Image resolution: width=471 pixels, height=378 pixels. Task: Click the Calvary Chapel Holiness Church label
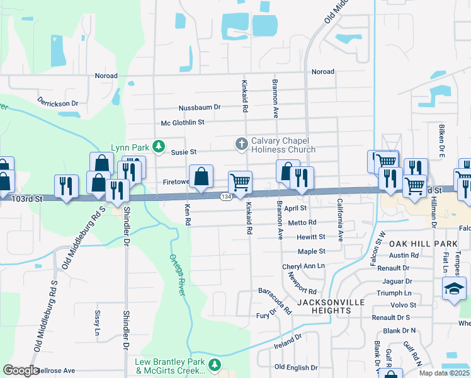pyautogui.click(x=283, y=145)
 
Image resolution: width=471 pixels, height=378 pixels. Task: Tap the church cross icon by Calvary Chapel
pyautogui.click(x=241, y=144)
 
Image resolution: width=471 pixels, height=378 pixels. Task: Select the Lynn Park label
pyautogui.click(x=130, y=147)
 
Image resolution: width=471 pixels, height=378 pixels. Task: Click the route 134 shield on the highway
pyautogui.click(x=226, y=197)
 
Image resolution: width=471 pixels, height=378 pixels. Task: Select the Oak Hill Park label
pyautogui.click(x=423, y=243)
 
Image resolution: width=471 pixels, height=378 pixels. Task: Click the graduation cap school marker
pyautogui.click(x=453, y=289)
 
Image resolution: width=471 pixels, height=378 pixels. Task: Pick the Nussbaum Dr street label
pyautogui.click(x=200, y=107)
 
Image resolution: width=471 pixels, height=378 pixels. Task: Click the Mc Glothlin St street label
pyautogui.click(x=183, y=122)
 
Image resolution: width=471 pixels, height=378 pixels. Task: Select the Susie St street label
pyautogui.click(x=184, y=152)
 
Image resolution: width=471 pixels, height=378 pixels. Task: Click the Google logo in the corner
pyautogui.click(x=21, y=370)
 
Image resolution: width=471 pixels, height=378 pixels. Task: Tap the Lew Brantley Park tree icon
pyautogui.click(x=215, y=364)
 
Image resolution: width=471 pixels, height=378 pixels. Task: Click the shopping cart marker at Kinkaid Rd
pyautogui.click(x=240, y=183)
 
